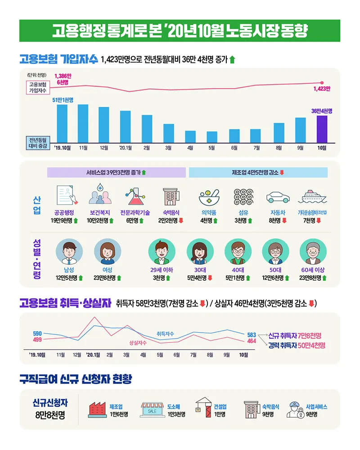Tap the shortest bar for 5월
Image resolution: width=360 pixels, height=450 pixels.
pos(212,137)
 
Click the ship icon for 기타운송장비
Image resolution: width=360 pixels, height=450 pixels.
pos(315,197)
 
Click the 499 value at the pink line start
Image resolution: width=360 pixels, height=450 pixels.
pos(37,340)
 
